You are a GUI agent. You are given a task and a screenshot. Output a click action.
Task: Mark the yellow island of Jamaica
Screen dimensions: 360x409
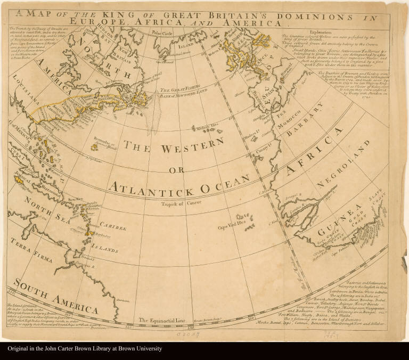click(22, 182)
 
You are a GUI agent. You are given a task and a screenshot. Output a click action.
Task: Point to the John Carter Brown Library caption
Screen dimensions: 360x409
click(85, 349)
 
